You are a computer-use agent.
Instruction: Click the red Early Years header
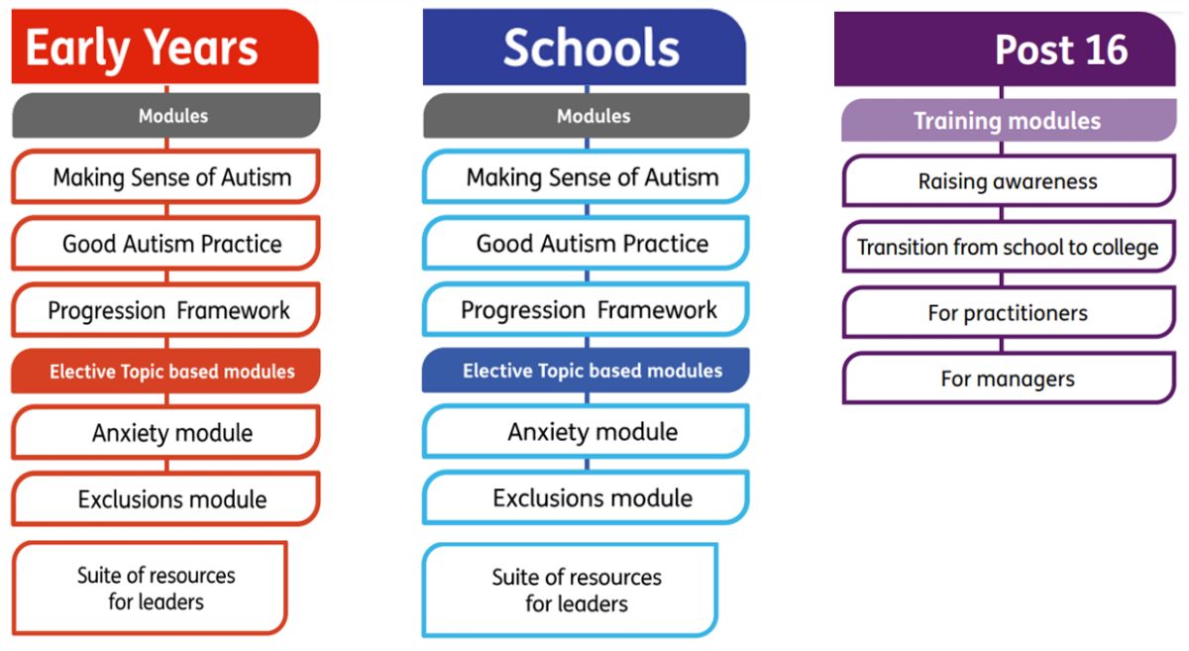165,47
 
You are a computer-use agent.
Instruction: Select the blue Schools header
585,47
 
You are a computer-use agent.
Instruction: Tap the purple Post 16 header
1005,49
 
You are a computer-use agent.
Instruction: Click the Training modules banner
1009,121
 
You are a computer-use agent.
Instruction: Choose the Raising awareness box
1009,181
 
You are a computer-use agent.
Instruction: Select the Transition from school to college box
1009,247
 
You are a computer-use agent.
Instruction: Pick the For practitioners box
1009,313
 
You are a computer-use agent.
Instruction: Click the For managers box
1009,379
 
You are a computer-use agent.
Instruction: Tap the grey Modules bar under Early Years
166,116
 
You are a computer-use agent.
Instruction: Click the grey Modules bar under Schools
587,116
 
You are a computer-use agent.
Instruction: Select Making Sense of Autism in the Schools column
586,176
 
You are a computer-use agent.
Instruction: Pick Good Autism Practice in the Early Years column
165,243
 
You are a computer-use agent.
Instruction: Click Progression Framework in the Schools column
586,309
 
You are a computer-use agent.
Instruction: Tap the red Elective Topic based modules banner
165,372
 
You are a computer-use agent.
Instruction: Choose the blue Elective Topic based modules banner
586,371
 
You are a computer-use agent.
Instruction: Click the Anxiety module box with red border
165,432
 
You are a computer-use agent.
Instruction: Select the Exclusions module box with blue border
586,497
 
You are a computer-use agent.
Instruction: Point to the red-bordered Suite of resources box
150,589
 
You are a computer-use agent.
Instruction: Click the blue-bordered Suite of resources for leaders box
571,590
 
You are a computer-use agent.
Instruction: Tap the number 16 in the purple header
1107,50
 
